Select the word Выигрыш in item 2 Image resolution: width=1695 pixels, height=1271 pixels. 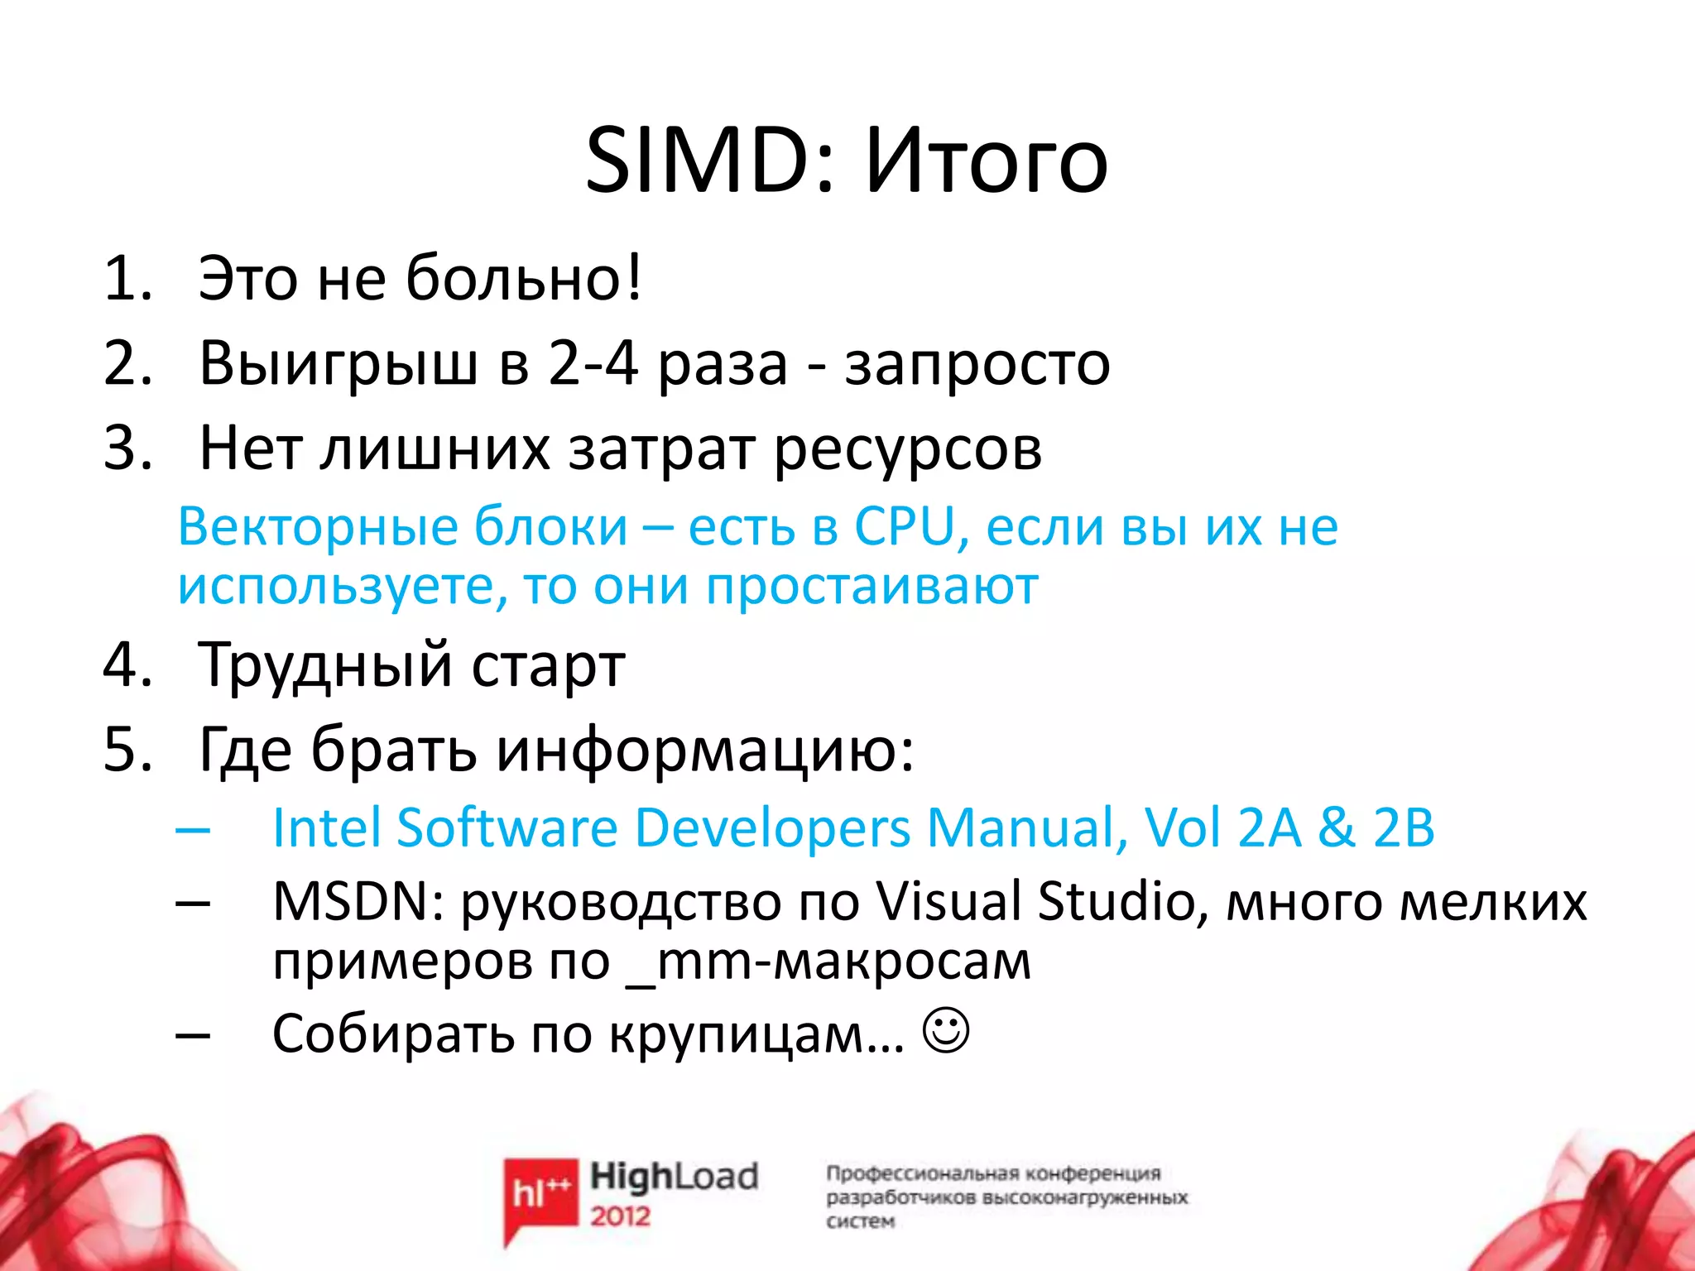coord(339,364)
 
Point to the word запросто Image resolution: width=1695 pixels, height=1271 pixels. coord(977,364)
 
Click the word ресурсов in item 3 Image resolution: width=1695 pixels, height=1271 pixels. coord(908,449)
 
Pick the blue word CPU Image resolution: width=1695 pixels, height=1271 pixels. coord(904,526)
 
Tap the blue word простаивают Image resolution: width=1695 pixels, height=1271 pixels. coord(872,586)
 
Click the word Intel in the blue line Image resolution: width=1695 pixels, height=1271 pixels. coord(326,827)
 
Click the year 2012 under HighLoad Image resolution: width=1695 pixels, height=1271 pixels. coord(620,1216)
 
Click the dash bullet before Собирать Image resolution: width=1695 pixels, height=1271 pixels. coord(193,1034)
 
